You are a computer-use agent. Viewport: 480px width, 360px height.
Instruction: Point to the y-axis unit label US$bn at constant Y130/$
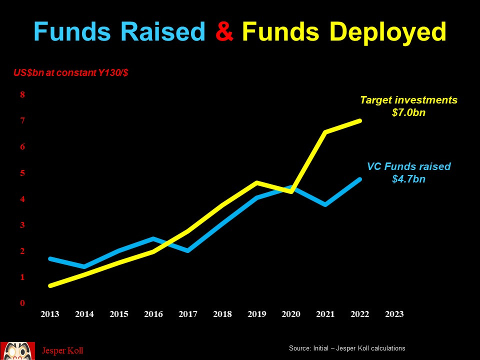coord(70,73)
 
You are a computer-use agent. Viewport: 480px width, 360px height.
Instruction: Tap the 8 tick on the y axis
coord(22,94)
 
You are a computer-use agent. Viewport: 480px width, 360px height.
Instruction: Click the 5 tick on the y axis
coord(22,173)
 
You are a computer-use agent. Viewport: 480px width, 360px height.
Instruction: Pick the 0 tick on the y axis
coord(22,303)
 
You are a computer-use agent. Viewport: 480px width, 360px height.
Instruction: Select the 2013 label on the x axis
coord(50,314)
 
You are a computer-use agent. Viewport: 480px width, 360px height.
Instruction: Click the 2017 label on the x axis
coord(187,314)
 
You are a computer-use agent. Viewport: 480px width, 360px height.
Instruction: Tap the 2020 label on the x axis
coord(291,314)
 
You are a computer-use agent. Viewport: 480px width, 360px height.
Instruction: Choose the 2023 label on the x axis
coord(394,314)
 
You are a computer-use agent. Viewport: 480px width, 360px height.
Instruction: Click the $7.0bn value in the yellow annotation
coord(408,113)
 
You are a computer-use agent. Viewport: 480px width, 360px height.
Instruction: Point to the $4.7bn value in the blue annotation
coord(408,179)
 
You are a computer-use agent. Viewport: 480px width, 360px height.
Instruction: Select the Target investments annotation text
coord(408,100)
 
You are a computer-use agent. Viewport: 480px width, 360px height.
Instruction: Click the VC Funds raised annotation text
coord(408,166)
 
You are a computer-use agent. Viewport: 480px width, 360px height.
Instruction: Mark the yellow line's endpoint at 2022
coord(359,120)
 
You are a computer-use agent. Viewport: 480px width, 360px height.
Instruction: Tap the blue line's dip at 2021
coord(325,204)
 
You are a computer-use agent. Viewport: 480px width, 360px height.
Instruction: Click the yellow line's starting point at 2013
coord(50,285)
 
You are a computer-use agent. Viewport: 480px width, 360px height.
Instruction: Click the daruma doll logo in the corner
coord(17,350)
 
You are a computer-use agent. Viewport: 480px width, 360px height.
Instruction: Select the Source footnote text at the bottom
coord(347,348)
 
